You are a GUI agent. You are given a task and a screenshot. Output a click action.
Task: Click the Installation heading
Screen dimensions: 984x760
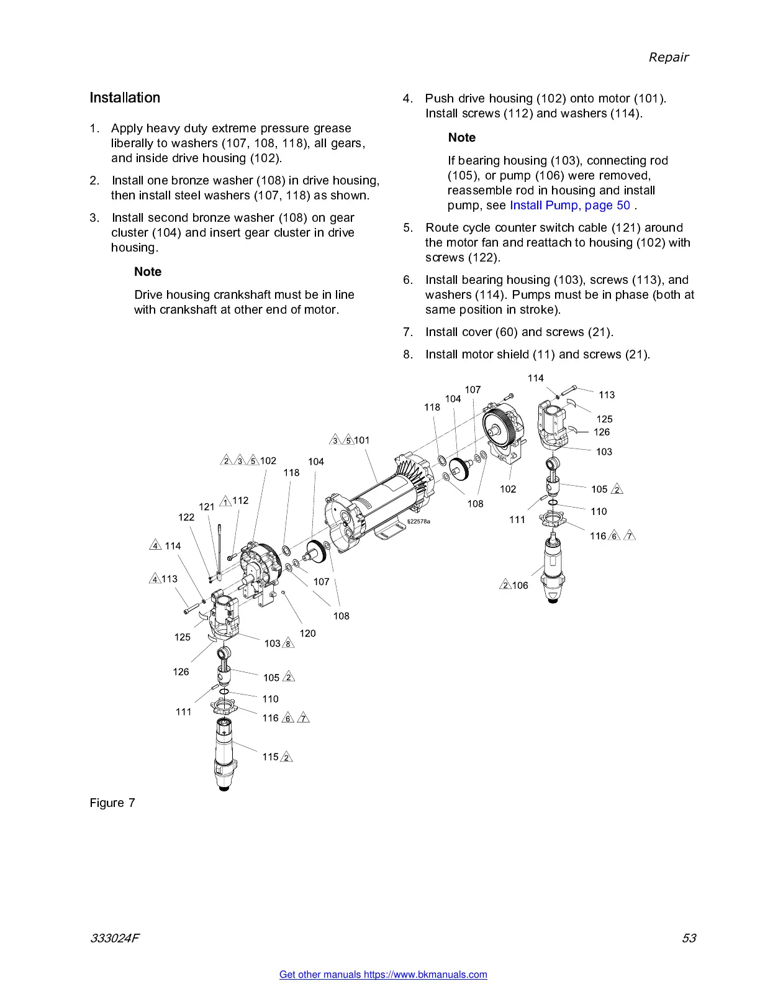(125, 98)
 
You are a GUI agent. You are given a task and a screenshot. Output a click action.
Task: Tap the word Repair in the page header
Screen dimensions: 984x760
(668, 57)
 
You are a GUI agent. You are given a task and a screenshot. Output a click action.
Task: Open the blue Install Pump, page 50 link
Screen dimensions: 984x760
(569, 206)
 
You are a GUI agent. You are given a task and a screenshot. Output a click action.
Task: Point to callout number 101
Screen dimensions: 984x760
(361, 440)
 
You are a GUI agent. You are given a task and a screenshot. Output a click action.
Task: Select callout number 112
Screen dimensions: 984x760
(240, 500)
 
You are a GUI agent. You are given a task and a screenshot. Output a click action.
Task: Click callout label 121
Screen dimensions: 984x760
(206, 507)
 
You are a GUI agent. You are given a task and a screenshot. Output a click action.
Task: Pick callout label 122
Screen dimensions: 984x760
(186, 517)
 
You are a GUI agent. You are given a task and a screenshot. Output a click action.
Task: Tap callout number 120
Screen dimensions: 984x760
(307, 634)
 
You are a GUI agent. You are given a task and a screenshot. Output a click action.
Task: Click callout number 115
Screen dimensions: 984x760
(270, 757)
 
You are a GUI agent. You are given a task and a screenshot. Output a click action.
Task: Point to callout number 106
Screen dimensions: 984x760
(520, 585)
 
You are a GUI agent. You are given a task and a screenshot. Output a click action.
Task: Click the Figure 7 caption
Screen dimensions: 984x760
(112, 803)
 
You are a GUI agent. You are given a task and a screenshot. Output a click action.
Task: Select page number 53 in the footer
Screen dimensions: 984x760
(689, 938)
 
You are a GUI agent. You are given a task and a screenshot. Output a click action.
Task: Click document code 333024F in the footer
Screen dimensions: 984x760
(114, 938)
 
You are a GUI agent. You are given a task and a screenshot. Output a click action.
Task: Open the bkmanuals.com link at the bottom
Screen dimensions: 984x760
(383, 975)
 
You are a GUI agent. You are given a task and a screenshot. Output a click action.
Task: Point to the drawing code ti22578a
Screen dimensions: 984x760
(418, 522)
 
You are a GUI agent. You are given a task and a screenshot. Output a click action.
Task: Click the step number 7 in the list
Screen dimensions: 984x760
(408, 332)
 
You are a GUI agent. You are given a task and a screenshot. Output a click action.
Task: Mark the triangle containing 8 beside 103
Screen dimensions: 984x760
(288, 644)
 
